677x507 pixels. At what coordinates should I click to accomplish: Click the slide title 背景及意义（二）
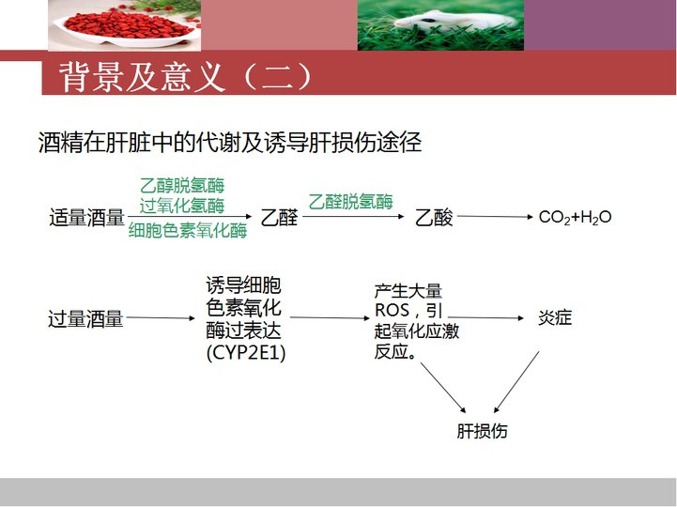186,77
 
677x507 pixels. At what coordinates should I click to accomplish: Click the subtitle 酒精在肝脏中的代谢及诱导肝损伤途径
230,142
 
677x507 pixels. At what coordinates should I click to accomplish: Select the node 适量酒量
86,217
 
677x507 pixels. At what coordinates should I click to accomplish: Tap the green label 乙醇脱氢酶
182,186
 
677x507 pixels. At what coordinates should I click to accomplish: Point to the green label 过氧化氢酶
182,206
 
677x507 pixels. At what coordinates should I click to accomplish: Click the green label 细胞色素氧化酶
188,230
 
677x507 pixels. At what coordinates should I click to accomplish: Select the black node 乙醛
280,217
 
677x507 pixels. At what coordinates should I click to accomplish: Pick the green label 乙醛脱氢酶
350,202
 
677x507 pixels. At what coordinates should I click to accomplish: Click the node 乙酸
434,217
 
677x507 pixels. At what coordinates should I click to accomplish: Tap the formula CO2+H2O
575,217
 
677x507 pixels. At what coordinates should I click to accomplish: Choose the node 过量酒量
85,319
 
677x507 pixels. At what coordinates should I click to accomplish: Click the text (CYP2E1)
246,353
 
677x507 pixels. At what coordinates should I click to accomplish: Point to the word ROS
392,310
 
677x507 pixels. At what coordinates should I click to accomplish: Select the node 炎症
555,318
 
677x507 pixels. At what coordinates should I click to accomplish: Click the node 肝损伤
482,431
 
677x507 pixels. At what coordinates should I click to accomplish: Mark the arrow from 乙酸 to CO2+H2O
495,216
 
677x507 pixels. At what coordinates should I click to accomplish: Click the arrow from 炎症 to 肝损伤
516,382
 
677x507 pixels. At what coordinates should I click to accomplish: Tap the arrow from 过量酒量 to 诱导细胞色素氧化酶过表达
161,318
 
